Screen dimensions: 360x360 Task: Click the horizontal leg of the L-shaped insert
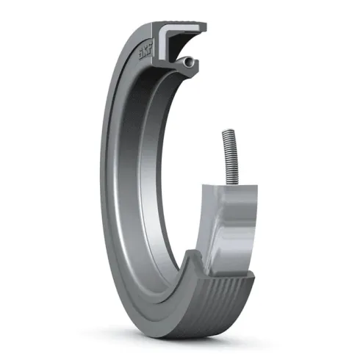tap(184, 30)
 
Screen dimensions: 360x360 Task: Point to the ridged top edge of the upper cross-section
tap(176, 24)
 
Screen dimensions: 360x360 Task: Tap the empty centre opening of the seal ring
tap(184, 169)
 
